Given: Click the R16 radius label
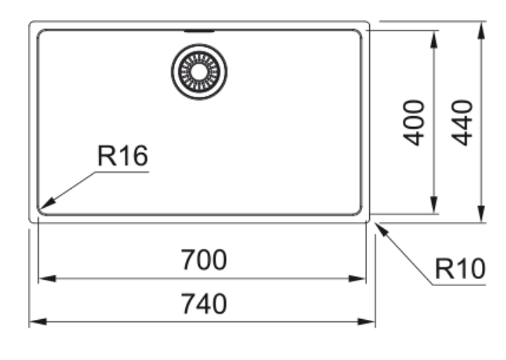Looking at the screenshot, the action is (123, 156).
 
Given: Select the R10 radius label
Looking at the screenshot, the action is (460, 268).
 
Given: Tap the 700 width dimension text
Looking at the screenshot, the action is (204, 260).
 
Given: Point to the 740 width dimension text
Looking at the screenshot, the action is (204, 304).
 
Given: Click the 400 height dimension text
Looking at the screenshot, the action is (414, 123).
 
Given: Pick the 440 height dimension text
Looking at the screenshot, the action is (462, 123).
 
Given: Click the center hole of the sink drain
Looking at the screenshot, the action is (199, 72).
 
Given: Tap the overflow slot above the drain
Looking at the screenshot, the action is (199, 31).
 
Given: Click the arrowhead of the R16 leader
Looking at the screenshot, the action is (47, 204).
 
